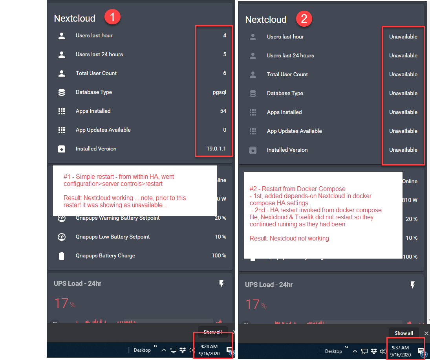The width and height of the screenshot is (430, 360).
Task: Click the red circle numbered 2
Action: [x=304, y=18]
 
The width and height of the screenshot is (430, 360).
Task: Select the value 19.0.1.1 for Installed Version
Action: [x=216, y=149]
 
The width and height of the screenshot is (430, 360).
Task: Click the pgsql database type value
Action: [x=219, y=92]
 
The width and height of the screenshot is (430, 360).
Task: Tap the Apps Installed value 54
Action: [x=223, y=111]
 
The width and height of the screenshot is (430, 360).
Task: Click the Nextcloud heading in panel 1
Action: [x=75, y=18]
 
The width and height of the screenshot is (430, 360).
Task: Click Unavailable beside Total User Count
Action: [x=403, y=74]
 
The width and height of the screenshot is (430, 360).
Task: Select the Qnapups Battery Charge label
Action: [x=105, y=255]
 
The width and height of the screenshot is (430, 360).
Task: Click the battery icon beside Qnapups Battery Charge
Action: [x=62, y=256]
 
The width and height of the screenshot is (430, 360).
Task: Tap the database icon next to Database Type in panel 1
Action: [x=62, y=92]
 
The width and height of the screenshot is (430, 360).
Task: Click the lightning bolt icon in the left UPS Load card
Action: [x=221, y=284]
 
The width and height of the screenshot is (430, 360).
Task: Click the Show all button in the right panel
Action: [x=404, y=333]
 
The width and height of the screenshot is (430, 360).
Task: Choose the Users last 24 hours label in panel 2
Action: [x=290, y=55]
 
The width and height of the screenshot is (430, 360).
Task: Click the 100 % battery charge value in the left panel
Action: [x=219, y=255]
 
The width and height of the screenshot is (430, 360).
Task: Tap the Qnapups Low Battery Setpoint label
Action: [x=113, y=237]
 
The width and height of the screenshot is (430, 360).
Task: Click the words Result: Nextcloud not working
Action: [x=289, y=238]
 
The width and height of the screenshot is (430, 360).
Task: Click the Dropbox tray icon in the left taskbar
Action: [x=183, y=350]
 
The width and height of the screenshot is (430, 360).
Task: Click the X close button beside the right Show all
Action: [x=426, y=333]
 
